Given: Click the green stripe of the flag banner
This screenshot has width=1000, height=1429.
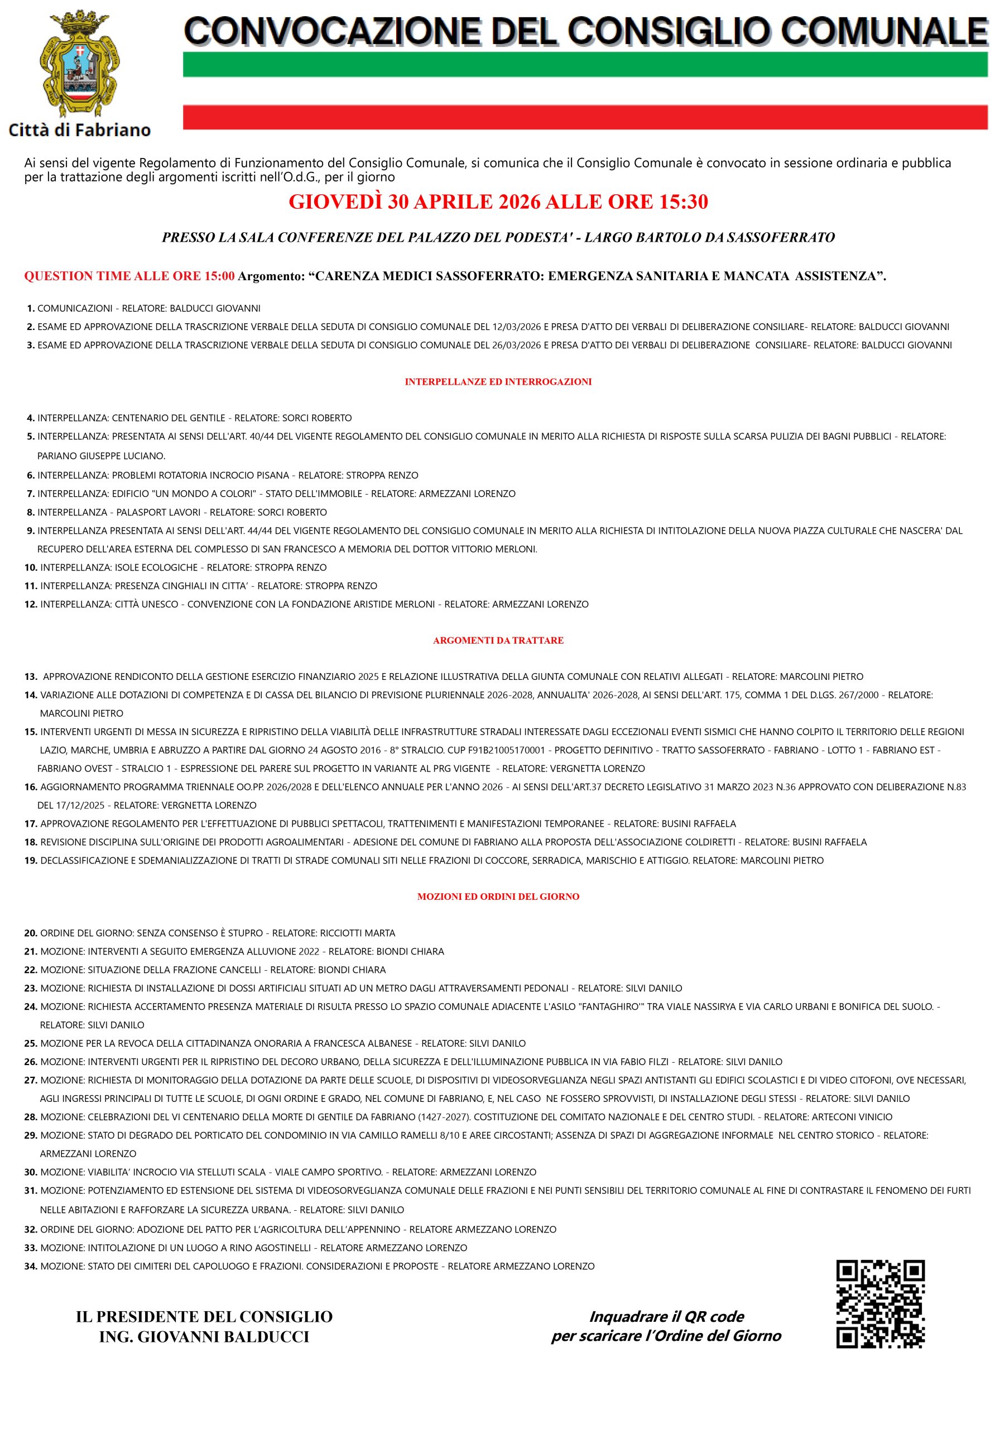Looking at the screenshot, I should pyautogui.click(x=585, y=65).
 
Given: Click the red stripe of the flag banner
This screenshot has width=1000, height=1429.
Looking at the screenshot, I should pyautogui.click(x=585, y=117).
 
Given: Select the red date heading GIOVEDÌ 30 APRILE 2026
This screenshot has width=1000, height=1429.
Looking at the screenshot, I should pyautogui.click(x=498, y=202).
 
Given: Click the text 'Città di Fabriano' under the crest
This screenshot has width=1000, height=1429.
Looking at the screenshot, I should pyautogui.click(x=79, y=130).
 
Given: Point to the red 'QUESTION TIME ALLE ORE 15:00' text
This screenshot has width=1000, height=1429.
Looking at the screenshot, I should pyautogui.click(x=129, y=276).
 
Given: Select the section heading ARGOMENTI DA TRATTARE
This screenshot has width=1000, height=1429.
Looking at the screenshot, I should pyautogui.click(x=498, y=640).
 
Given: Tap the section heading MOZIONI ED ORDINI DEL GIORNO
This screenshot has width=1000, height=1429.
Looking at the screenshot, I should pyautogui.click(x=498, y=897).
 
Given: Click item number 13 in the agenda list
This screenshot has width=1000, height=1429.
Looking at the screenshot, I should pyautogui.click(x=31, y=677).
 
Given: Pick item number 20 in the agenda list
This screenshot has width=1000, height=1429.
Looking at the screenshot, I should pyautogui.click(x=31, y=933).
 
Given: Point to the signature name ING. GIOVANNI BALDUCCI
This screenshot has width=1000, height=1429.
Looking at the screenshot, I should pyautogui.click(x=204, y=1337).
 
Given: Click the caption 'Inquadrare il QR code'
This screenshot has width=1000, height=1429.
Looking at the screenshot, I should pyautogui.click(x=666, y=1316).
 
